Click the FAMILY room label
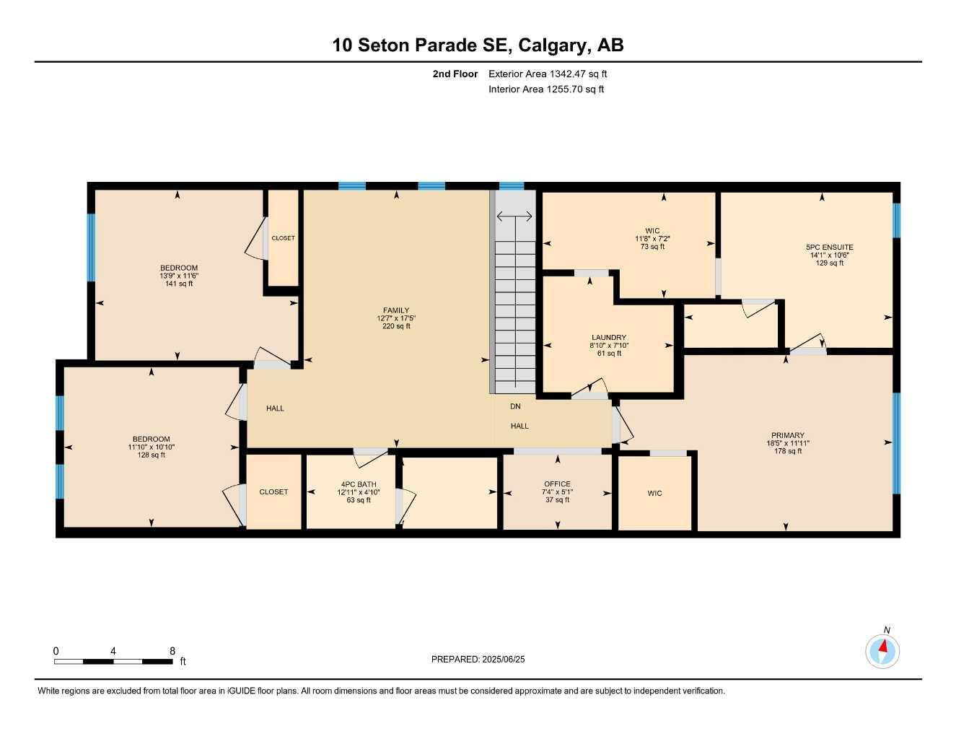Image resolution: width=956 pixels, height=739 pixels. (x=396, y=310)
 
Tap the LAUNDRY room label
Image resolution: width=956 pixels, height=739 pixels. (x=609, y=338)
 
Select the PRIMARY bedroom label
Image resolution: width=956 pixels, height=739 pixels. (x=787, y=435)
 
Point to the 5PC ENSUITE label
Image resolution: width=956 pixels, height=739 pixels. (x=829, y=248)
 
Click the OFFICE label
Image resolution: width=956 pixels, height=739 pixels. (x=557, y=484)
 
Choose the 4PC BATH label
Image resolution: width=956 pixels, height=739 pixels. (x=359, y=484)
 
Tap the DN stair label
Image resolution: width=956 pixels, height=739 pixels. (x=515, y=406)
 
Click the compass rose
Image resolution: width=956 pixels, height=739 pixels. (x=882, y=651)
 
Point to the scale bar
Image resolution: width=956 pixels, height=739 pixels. (x=113, y=662)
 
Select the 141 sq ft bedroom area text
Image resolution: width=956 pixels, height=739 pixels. (x=179, y=284)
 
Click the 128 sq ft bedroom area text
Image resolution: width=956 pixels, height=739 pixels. (x=151, y=455)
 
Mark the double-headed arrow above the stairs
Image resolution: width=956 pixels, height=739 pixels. (x=514, y=216)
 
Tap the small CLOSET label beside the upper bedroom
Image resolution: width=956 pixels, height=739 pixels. (x=283, y=238)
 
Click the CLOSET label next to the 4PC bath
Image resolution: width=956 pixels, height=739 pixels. (x=273, y=491)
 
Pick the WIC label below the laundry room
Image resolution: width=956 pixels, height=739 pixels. (x=654, y=493)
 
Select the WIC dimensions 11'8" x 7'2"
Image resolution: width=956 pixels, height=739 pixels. (x=652, y=239)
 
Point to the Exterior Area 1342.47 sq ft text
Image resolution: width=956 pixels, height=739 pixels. (x=548, y=74)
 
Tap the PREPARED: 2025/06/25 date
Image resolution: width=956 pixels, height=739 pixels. (x=478, y=660)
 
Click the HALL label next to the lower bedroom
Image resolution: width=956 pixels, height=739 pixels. (x=275, y=408)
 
